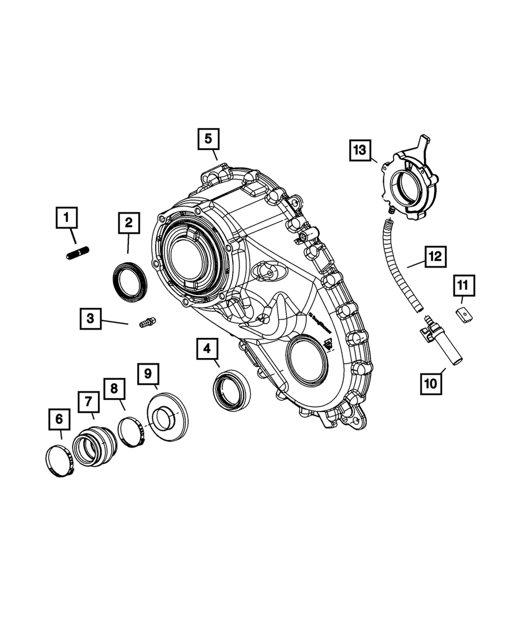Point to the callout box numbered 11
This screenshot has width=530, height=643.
tap(462, 287)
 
